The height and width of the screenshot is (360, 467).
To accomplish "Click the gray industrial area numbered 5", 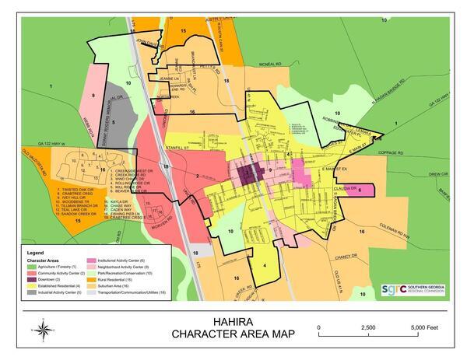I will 114,124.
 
